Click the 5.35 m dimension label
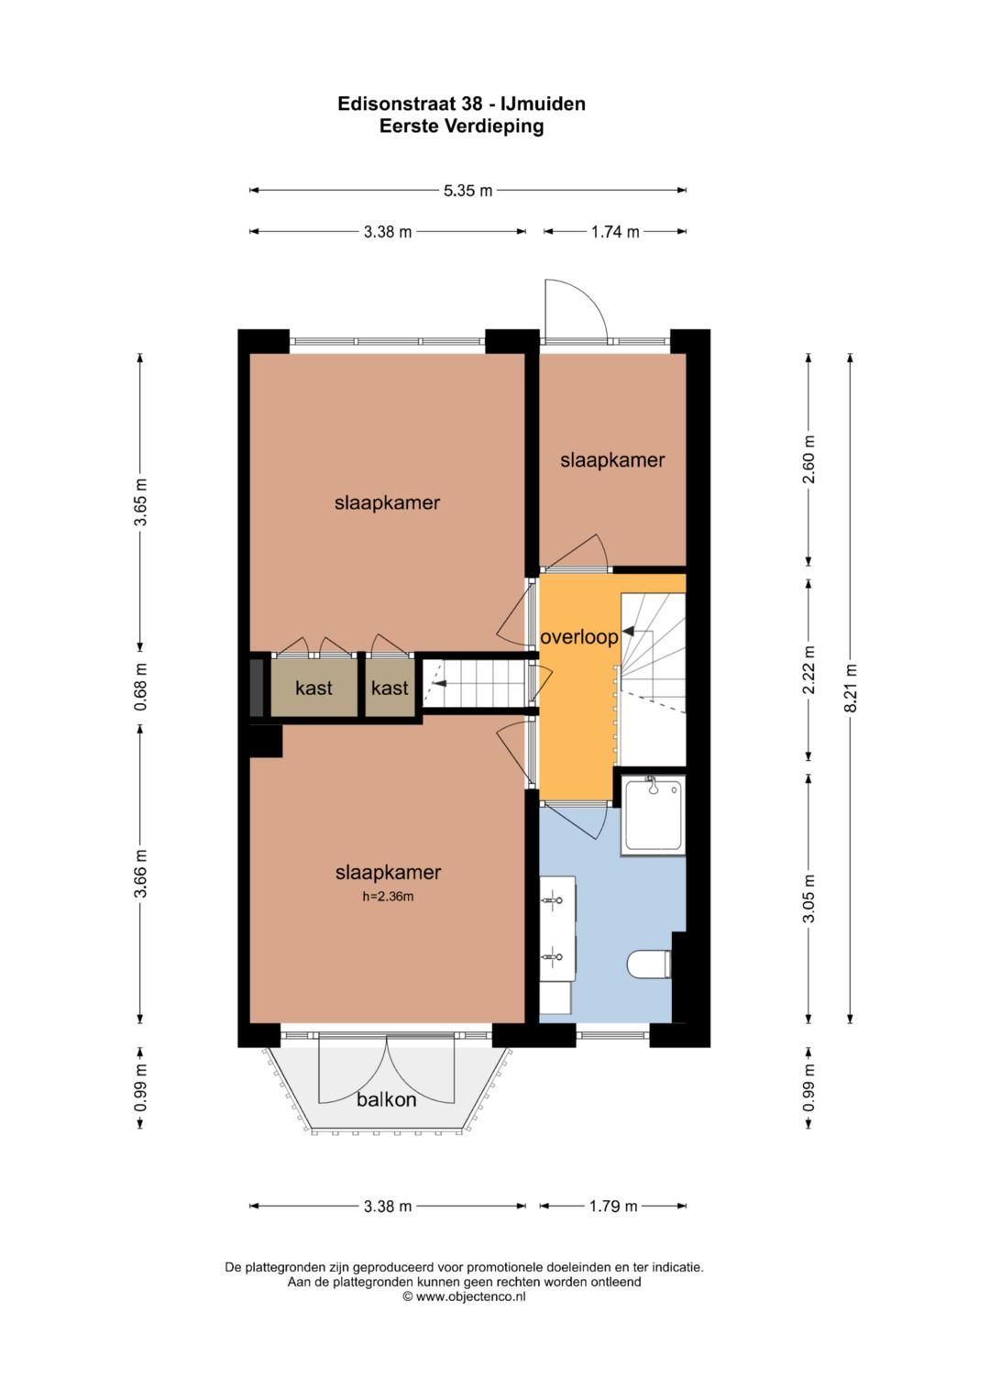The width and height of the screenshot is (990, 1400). pyautogui.click(x=467, y=191)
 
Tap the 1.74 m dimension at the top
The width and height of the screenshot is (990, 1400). pyautogui.click(x=614, y=232)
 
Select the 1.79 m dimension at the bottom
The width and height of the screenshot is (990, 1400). pyautogui.click(x=612, y=1206)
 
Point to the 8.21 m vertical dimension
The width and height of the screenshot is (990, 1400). pyautogui.click(x=850, y=688)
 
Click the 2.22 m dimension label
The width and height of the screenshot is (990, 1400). pyautogui.click(x=808, y=670)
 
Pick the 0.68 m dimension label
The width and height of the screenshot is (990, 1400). pyautogui.click(x=140, y=687)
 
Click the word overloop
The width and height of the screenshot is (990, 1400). pyautogui.click(x=578, y=637)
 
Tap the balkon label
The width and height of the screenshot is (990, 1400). pyautogui.click(x=386, y=1099)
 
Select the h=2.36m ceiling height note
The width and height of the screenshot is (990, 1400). pyautogui.click(x=388, y=897)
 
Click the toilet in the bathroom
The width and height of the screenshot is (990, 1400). pyautogui.click(x=649, y=964)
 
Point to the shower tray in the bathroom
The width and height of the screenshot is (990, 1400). pyautogui.click(x=653, y=816)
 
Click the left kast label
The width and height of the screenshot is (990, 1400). pyautogui.click(x=313, y=688)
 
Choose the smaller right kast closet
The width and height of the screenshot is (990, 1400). pyautogui.click(x=390, y=688)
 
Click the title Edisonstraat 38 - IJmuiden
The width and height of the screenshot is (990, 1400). pyautogui.click(x=461, y=104)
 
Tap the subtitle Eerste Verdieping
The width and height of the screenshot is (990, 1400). pyautogui.click(x=461, y=127)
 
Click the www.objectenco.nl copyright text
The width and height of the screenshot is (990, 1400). pyautogui.click(x=464, y=1296)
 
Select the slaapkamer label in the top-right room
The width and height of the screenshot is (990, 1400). pyautogui.click(x=612, y=460)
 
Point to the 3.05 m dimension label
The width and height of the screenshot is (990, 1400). pyautogui.click(x=808, y=898)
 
